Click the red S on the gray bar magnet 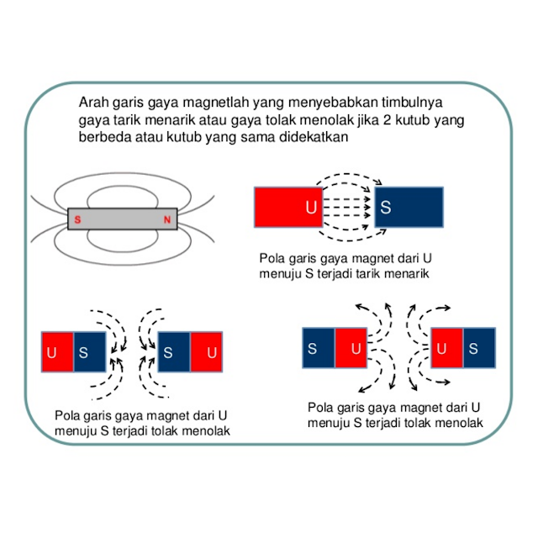click(x=77, y=220)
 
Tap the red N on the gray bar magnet click(x=167, y=220)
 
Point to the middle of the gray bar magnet click(x=123, y=219)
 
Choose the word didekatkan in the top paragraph click(x=312, y=138)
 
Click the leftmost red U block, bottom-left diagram click(x=57, y=352)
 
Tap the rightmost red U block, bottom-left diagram click(x=206, y=352)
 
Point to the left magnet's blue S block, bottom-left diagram click(x=90, y=352)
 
